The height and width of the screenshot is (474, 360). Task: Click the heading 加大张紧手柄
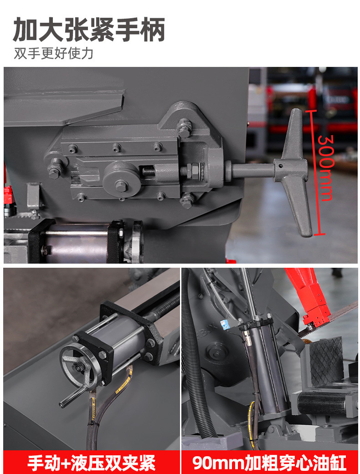pyautogui.click(x=89, y=29)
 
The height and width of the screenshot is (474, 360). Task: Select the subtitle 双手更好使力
pyautogui.click(x=54, y=53)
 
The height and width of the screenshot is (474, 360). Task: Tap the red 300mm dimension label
pyautogui.click(x=326, y=168)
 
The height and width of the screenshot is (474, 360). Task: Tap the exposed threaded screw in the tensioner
pyautogui.click(x=149, y=171)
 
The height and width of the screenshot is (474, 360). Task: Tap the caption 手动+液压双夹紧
pyautogui.click(x=91, y=463)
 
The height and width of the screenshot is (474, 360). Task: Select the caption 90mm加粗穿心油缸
pyautogui.click(x=270, y=463)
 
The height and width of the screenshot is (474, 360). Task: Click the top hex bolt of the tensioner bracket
pyautogui.click(x=185, y=127)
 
